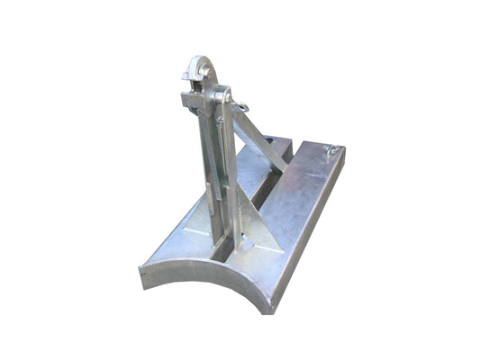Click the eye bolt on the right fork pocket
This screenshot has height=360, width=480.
[x=331, y=150]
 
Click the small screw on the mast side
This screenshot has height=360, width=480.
[x=220, y=119]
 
